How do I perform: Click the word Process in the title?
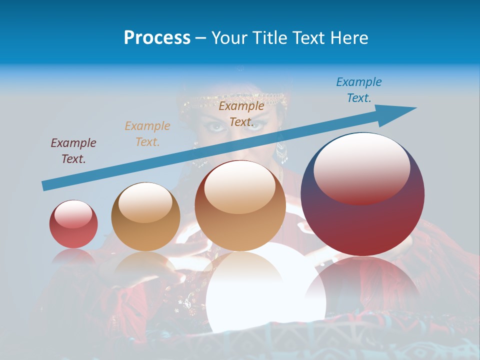(x=157, y=38)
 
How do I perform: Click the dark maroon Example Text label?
(x=73, y=151)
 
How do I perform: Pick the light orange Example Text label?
(x=147, y=134)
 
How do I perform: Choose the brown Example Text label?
(x=241, y=114)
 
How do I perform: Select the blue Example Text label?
(x=359, y=90)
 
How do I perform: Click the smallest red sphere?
(x=73, y=224)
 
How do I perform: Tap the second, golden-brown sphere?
(x=145, y=216)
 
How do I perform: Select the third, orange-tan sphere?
(x=240, y=205)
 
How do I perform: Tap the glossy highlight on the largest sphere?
(x=361, y=167)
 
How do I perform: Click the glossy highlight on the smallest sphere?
(x=73, y=214)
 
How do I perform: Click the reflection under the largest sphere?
(x=362, y=285)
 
